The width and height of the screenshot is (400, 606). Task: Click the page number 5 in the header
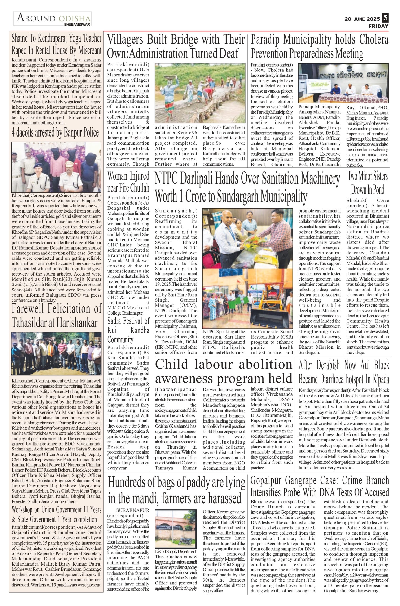coord(385,18)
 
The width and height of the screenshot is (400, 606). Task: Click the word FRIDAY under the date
coord(378,26)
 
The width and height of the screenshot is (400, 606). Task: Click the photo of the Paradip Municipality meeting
coord(343,83)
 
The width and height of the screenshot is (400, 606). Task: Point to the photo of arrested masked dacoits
coord(56,167)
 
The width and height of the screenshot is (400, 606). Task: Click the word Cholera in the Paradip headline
coord(374,40)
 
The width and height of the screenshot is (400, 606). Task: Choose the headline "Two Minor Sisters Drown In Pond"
coord(368,183)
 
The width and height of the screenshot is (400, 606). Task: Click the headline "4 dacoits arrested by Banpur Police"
coord(55,133)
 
